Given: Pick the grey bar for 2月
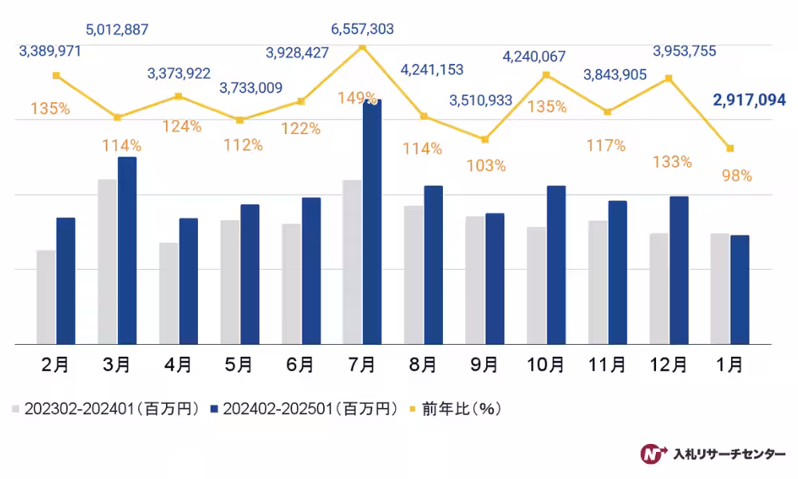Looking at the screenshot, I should click(x=46, y=297).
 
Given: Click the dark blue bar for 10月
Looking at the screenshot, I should click(x=556, y=265).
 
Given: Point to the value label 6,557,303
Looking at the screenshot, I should click(x=362, y=30).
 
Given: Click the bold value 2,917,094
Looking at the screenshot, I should click(x=749, y=101).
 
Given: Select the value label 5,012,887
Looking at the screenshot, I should click(x=117, y=31).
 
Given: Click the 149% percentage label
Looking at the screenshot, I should click(x=358, y=98).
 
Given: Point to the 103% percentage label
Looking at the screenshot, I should click(x=487, y=166).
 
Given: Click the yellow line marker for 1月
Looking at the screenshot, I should click(x=730, y=148).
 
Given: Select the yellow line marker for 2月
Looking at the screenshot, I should click(x=56, y=75).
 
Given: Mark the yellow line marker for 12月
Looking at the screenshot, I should click(x=669, y=77).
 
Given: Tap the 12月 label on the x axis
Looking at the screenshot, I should click(x=669, y=365).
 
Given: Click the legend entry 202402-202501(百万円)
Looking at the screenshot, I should click(x=303, y=409).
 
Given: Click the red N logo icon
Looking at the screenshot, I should click(x=654, y=453).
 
